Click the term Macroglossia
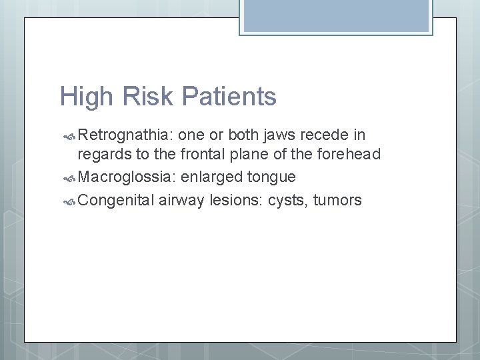tap(126, 177)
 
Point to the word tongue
tap(272, 177)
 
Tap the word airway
tap(181, 200)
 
